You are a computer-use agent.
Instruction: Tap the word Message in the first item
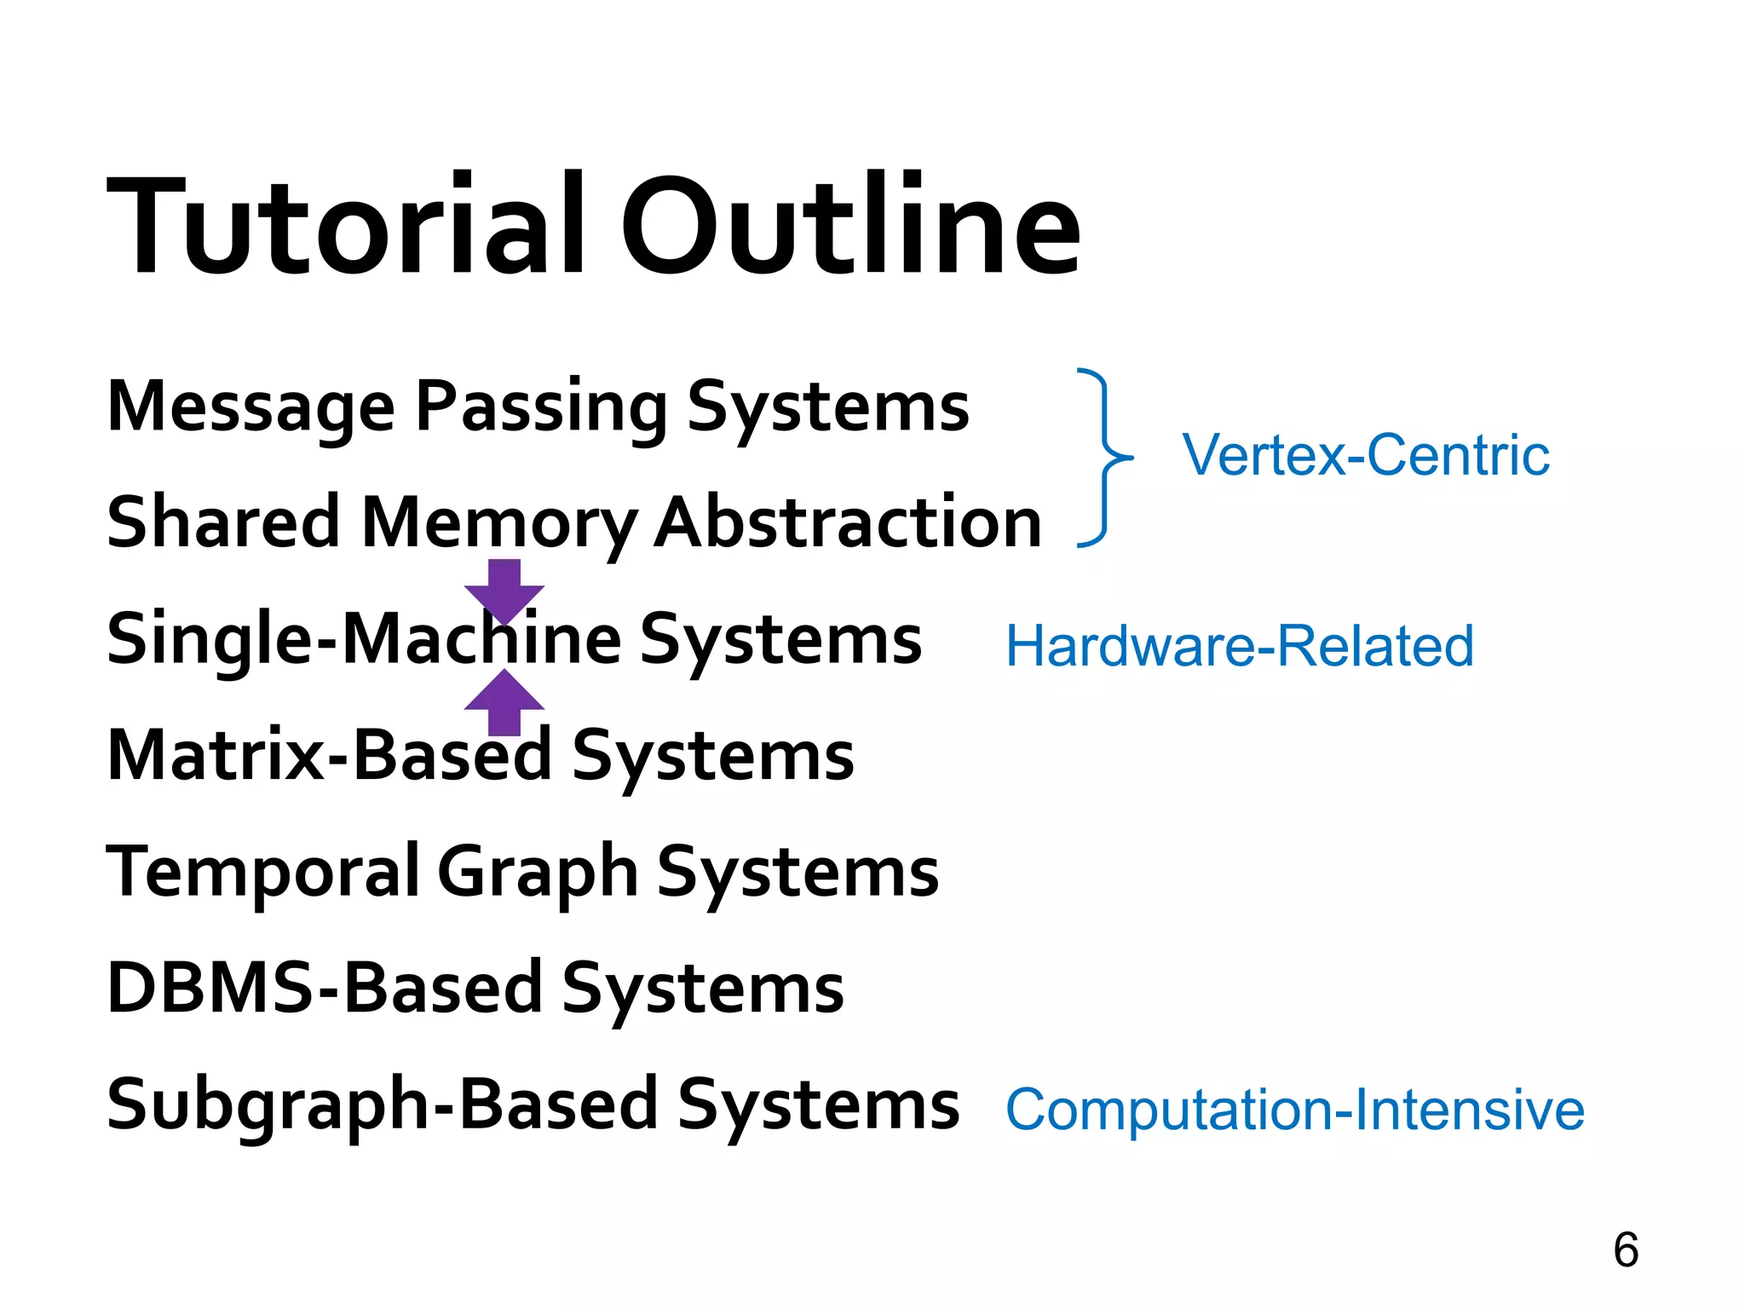[251, 407]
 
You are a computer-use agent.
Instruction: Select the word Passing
[542, 407]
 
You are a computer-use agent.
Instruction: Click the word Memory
[498, 523]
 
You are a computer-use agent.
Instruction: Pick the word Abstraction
[848, 522]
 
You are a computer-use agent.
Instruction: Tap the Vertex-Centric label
[1366, 455]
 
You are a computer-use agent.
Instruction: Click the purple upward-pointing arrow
[504, 702]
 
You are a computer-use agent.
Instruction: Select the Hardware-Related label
[1240, 646]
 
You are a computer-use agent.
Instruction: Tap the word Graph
[538, 873]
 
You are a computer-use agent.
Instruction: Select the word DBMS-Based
[325, 989]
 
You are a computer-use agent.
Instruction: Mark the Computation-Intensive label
[1295, 1110]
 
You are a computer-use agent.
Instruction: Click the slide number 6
[1626, 1250]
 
